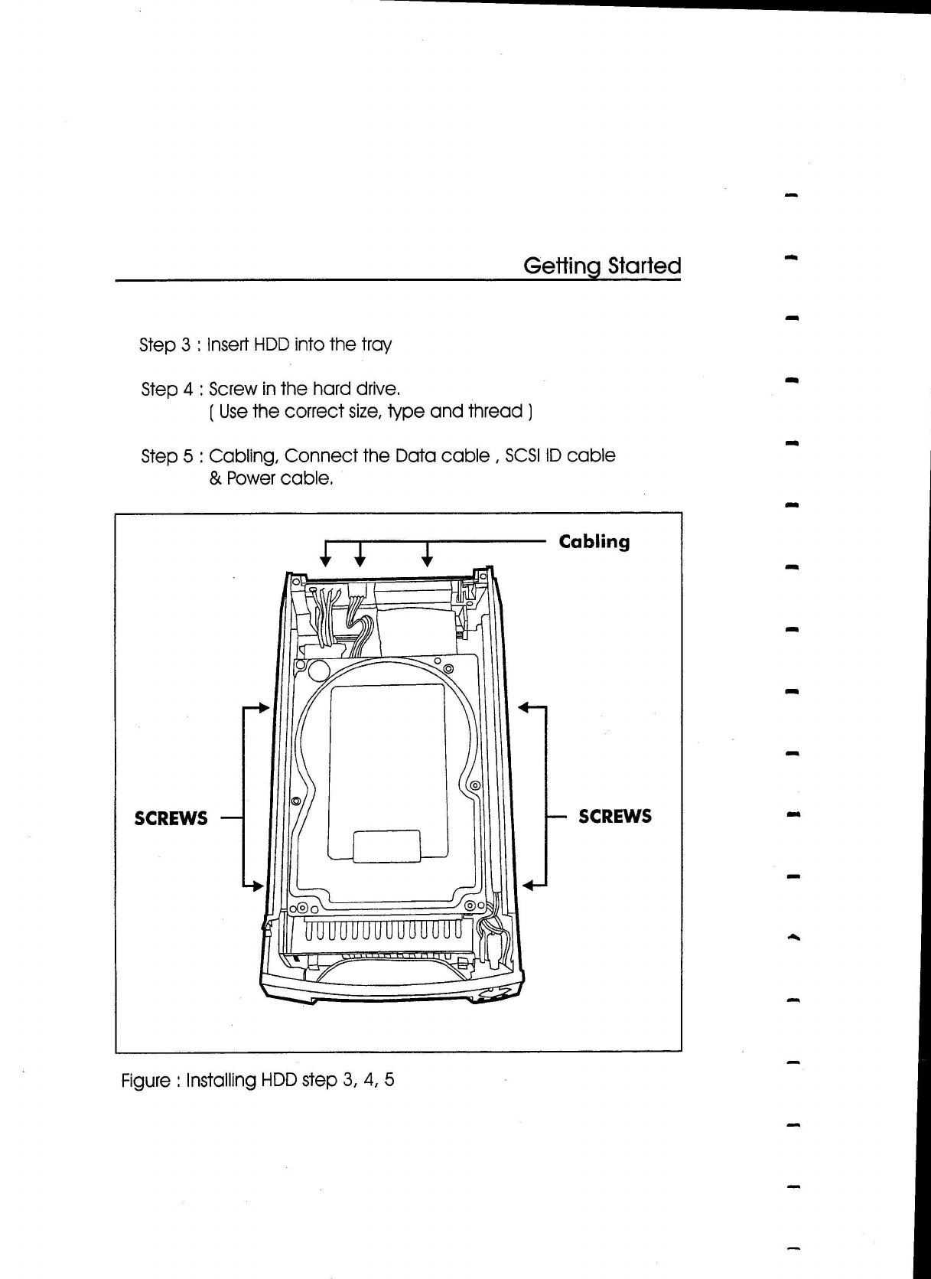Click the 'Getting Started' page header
[601, 266]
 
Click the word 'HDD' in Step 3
[271, 344]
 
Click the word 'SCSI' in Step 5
[522, 455]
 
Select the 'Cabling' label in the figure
[594, 542]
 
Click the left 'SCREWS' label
[171, 818]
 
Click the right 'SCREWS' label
[615, 816]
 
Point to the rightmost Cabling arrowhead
[428, 562]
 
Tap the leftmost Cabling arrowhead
[326, 562]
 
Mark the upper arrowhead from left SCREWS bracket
[265, 706]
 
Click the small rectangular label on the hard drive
[386, 846]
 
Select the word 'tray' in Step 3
[376, 345]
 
